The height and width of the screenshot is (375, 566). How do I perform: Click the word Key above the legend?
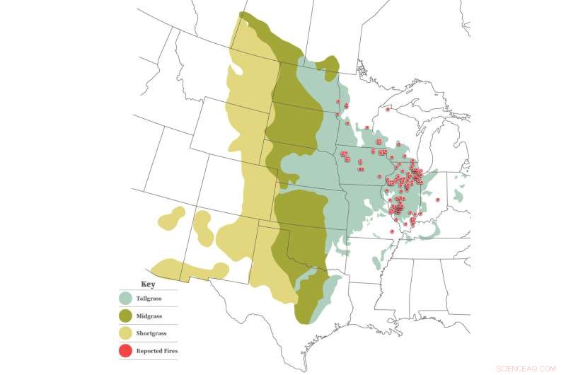point(149,284)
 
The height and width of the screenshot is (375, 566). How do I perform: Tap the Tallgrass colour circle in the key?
point(126,299)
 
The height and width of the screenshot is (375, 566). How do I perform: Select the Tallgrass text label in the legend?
point(149,299)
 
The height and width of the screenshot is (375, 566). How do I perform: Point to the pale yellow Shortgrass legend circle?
point(126,333)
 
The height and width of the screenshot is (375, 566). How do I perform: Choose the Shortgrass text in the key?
point(150,333)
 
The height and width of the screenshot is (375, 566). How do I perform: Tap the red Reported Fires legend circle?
point(126,350)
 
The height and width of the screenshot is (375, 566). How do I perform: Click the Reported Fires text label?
point(156,350)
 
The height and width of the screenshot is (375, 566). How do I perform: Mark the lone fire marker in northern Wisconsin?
point(388,109)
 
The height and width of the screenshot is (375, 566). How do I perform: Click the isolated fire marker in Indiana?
point(437,200)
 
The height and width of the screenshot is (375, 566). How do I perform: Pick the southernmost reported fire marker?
point(392,231)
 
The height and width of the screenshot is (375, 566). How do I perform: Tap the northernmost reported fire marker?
point(337,102)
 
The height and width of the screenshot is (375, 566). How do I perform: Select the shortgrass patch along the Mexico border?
point(187,270)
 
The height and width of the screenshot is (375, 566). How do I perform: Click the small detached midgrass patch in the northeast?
point(327,65)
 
